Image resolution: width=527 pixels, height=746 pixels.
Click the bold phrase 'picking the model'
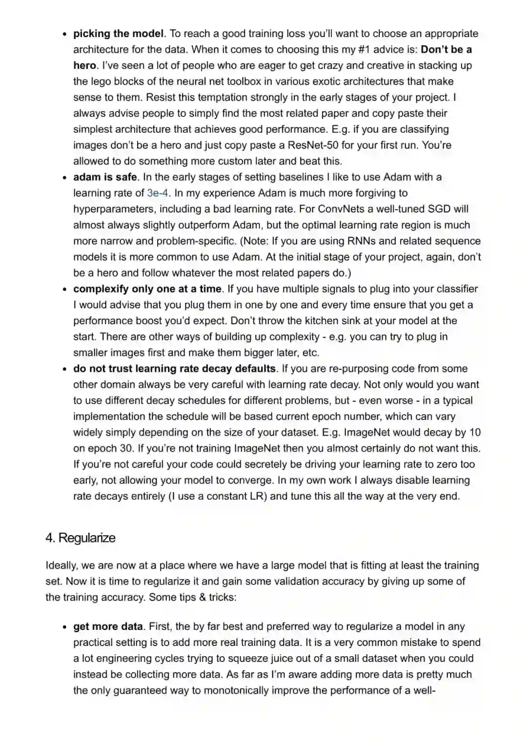click(x=118, y=34)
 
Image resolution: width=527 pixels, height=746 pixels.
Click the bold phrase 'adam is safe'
click(x=105, y=177)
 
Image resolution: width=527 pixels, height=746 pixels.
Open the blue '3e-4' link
click(x=158, y=193)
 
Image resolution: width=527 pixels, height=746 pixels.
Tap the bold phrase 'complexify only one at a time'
click(x=147, y=289)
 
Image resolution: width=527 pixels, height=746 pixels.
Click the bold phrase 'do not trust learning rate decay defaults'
click(x=175, y=369)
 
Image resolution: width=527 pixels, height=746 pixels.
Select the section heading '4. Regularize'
click(x=81, y=538)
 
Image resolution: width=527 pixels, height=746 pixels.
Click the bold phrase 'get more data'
click(x=108, y=626)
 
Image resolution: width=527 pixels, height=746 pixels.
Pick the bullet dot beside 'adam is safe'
click(x=64, y=178)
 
